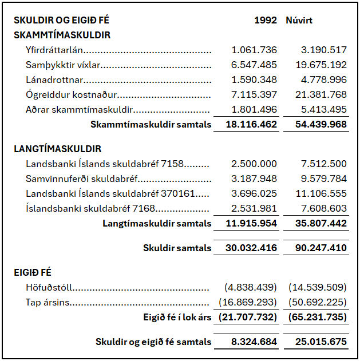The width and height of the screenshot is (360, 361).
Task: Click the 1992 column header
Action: (266, 20)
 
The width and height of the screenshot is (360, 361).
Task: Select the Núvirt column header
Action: (299, 20)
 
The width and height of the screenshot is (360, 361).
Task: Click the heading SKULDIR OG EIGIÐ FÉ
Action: (62, 20)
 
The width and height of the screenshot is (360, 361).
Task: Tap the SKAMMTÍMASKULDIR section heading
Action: (62, 35)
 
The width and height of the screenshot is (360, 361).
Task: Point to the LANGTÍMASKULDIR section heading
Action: (57, 149)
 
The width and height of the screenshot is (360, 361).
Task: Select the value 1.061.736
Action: (254, 50)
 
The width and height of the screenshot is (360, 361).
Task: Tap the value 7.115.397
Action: (254, 94)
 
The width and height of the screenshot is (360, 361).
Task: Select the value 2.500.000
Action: (254, 164)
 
